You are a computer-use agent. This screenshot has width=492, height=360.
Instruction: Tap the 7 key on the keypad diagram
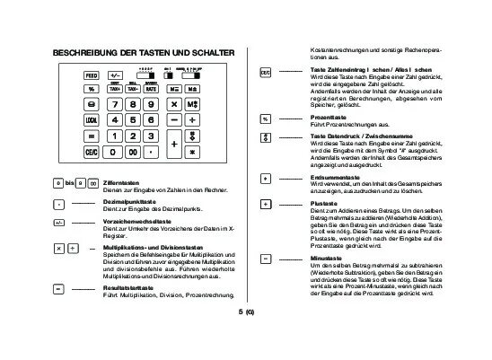click(115, 104)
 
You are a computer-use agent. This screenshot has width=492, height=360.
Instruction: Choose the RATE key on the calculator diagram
click(151, 90)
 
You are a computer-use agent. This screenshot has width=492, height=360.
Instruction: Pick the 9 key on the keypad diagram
click(150, 104)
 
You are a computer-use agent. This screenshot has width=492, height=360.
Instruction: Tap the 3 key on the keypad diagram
click(150, 136)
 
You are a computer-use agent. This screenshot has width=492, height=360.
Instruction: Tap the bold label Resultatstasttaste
click(132, 261)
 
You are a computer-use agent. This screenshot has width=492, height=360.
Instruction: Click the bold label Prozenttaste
click(327, 118)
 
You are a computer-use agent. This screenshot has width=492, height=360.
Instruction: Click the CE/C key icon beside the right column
click(266, 70)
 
